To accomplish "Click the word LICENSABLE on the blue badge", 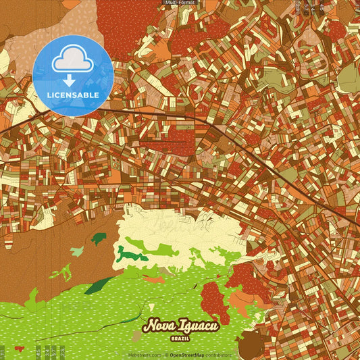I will pos(74,95).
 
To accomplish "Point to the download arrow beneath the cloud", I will pos(70,80).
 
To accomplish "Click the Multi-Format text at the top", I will pos(180,3).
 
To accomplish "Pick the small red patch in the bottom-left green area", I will pos(18,349).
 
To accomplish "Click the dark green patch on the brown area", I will pos(99,238).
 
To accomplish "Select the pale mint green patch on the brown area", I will pos(76,252).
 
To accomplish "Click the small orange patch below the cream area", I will pos(153,278).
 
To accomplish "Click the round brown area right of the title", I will pos(251,344).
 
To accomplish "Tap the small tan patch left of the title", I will pos(136,335).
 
